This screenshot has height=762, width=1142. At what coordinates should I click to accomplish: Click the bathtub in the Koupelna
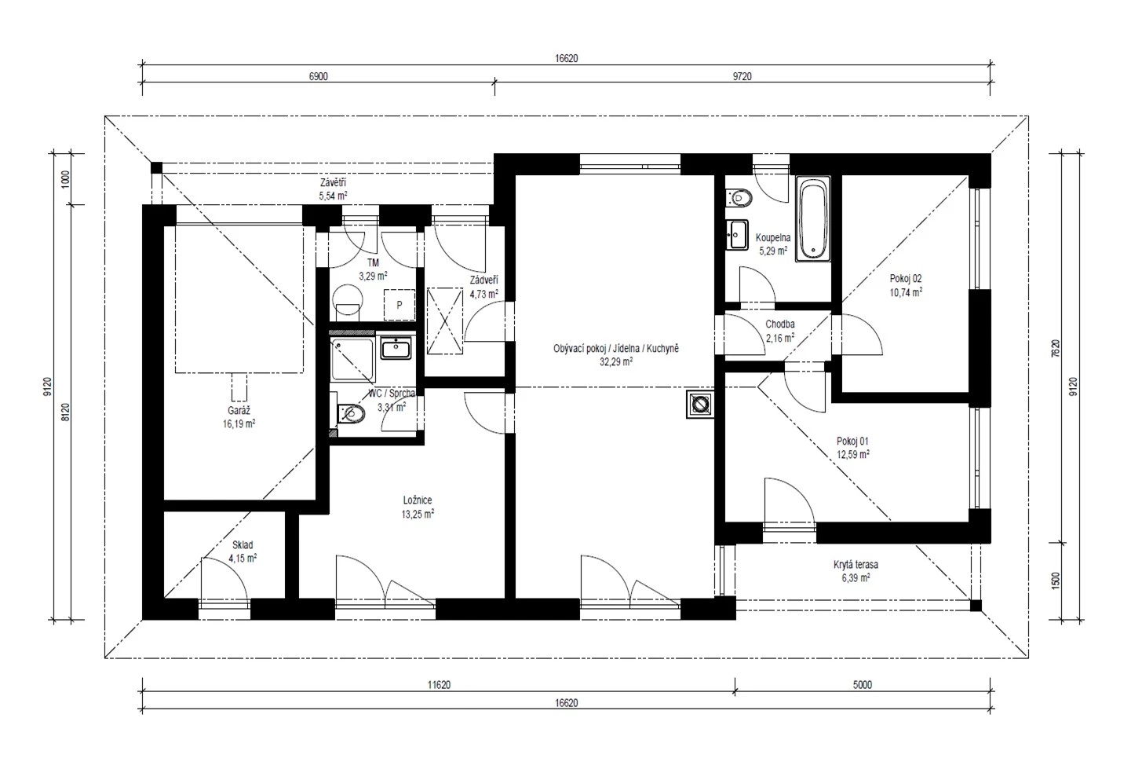(813, 219)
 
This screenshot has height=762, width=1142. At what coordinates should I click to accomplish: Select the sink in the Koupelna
(737, 236)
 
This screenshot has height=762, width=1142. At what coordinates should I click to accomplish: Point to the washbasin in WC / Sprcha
(396, 348)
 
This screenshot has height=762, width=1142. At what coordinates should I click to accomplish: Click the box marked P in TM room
(400, 305)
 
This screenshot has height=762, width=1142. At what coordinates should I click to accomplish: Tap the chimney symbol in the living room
(700, 405)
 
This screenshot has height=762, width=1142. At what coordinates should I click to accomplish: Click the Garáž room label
(239, 410)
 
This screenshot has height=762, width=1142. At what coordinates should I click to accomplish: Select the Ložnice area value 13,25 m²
(418, 514)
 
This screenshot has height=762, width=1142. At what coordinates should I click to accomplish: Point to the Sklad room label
(243, 544)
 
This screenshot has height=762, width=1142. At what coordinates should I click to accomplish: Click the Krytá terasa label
(856, 565)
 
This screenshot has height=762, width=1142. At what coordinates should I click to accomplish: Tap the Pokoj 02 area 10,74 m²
(906, 292)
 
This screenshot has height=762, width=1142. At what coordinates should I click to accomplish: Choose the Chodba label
(780, 324)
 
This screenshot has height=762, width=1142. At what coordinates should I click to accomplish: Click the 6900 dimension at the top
(319, 76)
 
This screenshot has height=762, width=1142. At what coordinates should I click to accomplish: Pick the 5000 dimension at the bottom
(863, 685)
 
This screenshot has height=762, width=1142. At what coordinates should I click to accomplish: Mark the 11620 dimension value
(439, 685)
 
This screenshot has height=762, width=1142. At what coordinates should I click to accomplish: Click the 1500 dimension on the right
(1056, 581)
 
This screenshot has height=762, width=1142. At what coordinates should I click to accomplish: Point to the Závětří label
(334, 182)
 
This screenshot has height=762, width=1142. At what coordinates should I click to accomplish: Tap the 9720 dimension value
(742, 76)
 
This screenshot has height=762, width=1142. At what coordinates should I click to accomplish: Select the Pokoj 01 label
(852, 441)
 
